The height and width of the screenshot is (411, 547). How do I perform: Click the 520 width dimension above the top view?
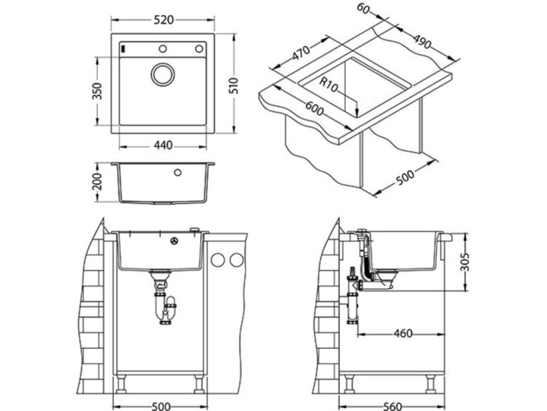coord(163,20)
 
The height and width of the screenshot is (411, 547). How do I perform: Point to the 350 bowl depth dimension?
coord(97,91)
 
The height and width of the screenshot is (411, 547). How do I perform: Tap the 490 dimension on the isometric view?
coord(420,39)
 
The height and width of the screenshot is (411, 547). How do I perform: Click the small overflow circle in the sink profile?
coord(177,173)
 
